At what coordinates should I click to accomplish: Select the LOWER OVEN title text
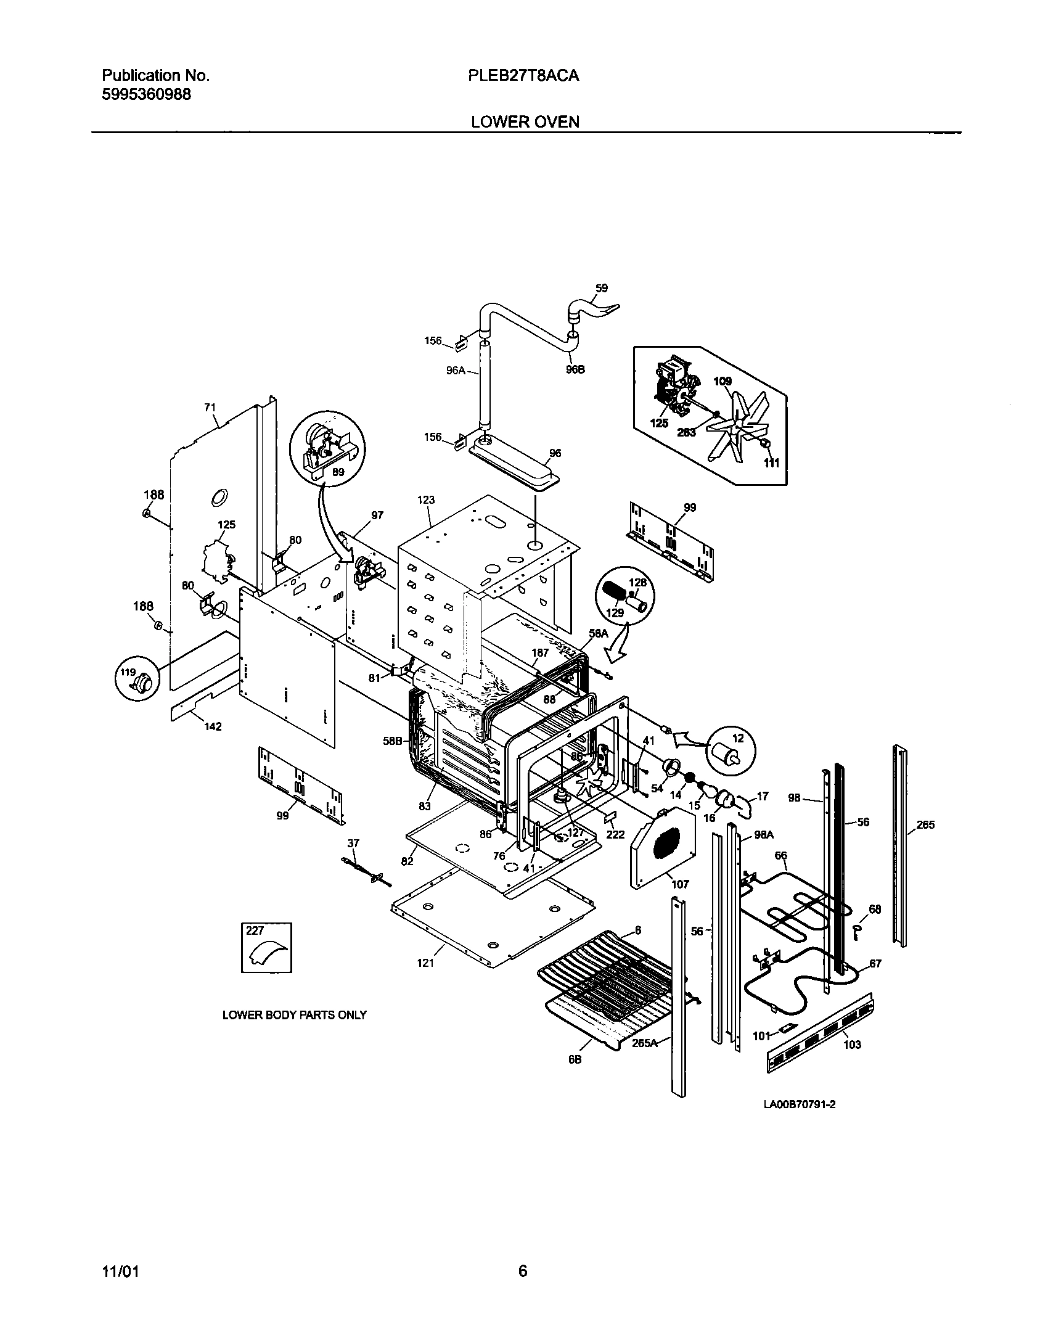click(x=525, y=121)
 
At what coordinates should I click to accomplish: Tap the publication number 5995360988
click(x=146, y=94)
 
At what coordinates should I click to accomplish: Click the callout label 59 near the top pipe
click(x=602, y=287)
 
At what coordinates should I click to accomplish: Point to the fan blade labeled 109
click(x=740, y=425)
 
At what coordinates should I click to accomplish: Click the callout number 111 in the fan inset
click(x=771, y=462)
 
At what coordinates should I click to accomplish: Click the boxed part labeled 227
click(x=266, y=948)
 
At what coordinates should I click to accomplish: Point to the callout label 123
click(x=426, y=500)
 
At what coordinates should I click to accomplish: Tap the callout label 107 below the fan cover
click(x=680, y=884)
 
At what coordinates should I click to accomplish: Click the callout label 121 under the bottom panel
click(x=425, y=963)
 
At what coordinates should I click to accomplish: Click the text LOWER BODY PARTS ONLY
click(x=294, y=1015)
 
